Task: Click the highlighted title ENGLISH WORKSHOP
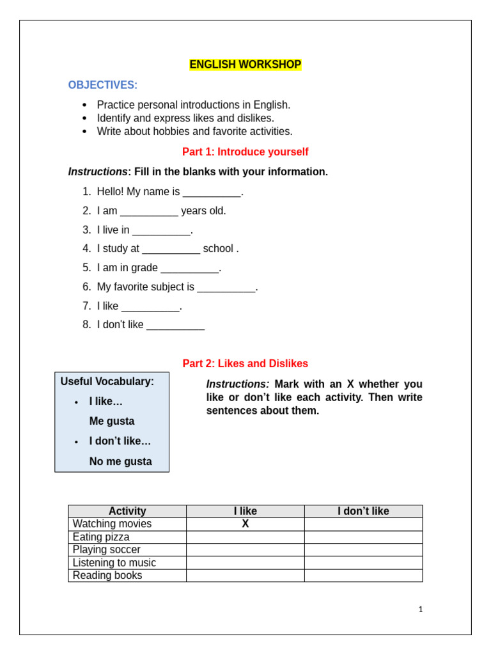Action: (x=245, y=65)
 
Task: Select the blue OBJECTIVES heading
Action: (x=102, y=85)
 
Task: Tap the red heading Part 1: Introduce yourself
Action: (x=245, y=152)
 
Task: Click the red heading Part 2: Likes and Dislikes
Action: (x=245, y=363)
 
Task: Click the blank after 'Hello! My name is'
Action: (x=212, y=193)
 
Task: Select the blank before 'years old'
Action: (x=149, y=212)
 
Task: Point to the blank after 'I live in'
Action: (x=161, y=232)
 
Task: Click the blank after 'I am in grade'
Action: (x=189, y=269)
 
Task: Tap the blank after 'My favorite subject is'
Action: (x=226, y=288)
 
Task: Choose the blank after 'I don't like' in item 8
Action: (x=175, y=326)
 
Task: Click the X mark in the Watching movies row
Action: (x=245, y=524)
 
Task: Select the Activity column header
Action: (x=127, y=511)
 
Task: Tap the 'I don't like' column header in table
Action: (x=363, y=511)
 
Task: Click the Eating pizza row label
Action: (x=101, y=537)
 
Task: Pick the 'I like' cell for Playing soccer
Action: (x=245, y=549)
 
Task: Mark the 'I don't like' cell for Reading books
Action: (x=363, y=575)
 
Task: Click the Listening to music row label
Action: (x=114, y=562)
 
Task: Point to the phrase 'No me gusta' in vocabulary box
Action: (x=120, y=461)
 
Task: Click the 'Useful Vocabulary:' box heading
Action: (x=107, y=381)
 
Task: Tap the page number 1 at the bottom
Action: (x=420, y=609)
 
